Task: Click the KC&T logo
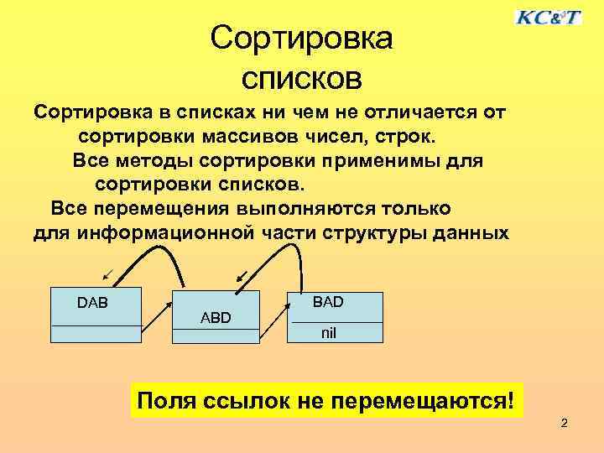tap(548, 17)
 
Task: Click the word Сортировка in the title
tap(301, 38)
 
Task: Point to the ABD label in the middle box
tap(216, 318)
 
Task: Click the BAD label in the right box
tap(328, 300)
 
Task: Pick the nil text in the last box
tap(330, 333)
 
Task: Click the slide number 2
tap(564, 424)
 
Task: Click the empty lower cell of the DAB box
tap(96, 334)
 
